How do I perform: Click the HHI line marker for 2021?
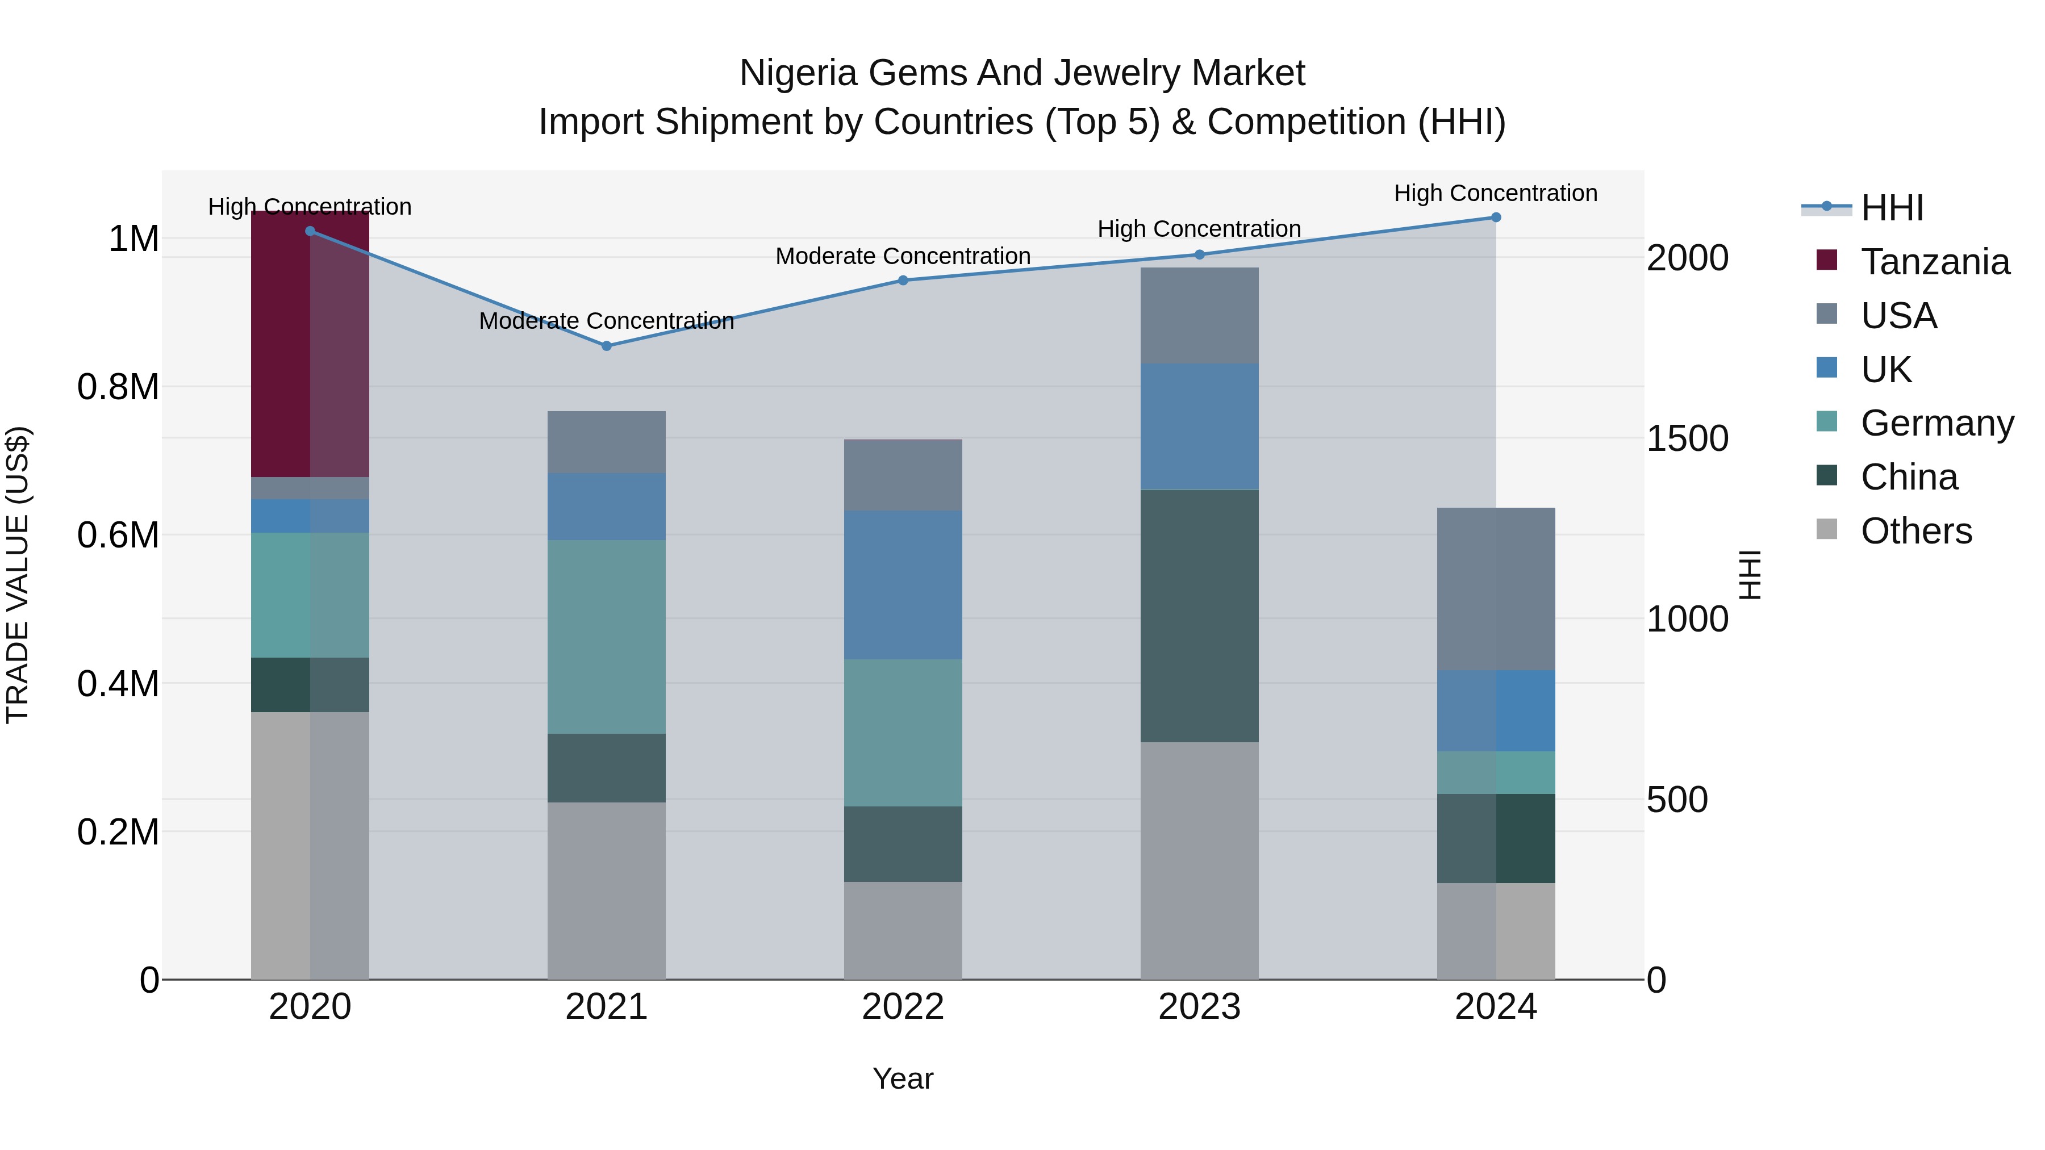point(607,346)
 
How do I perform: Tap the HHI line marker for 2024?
point(1496,218)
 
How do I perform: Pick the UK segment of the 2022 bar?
point(903,584)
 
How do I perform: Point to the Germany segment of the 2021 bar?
point(607,637)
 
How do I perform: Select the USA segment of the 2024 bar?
point(1496,589)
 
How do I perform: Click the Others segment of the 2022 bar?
point(903,930)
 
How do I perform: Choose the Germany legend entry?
point(1937,423)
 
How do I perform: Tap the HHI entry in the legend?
point(1891,208)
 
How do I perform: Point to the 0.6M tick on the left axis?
point(118,535)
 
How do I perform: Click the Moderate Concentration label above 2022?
point(903,256)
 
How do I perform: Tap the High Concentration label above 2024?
point(1496,193)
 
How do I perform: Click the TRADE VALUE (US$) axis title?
point(18,575)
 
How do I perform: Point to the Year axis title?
point(903,1078)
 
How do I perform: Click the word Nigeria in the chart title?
point(798,73)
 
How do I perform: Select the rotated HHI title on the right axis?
point(1750,575)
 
